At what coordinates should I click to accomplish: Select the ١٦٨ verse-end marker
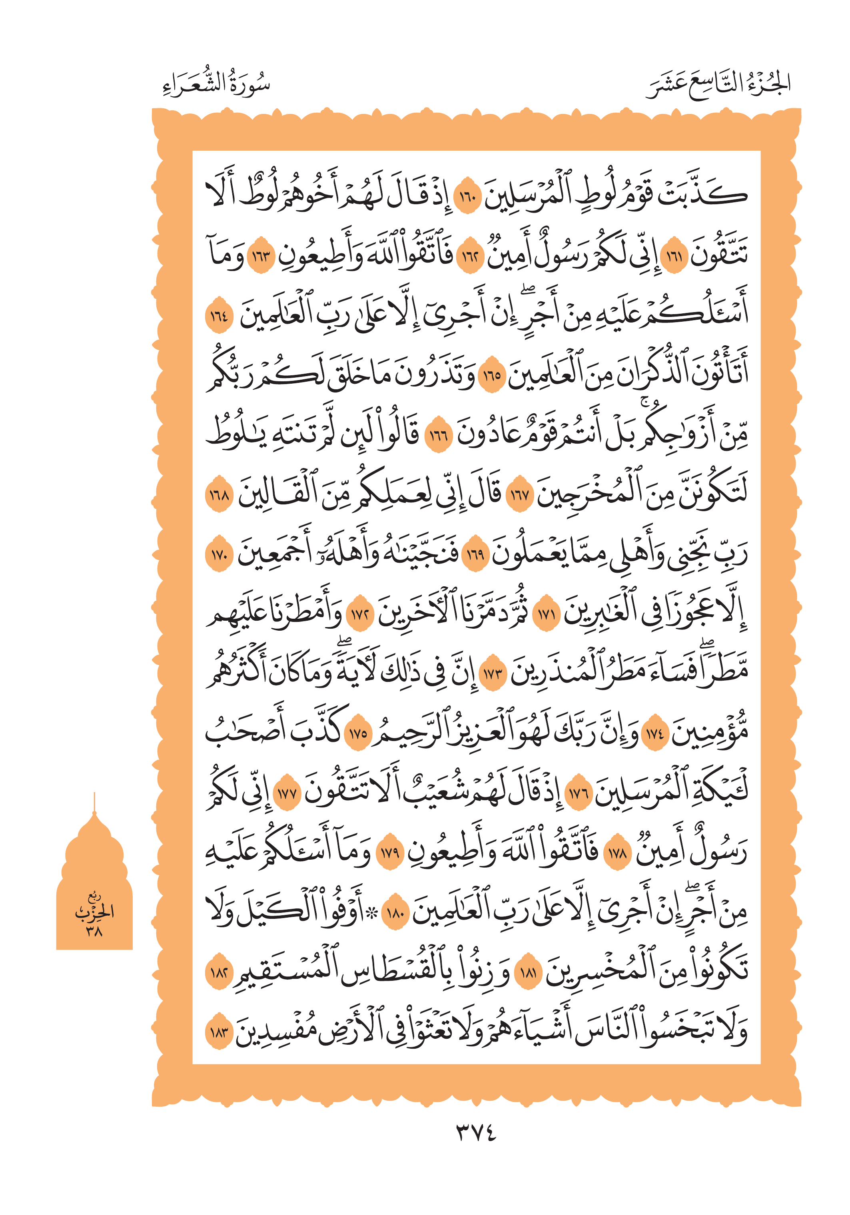click(x=219, y=496)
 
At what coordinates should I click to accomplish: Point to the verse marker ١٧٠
click(x=219, y=556)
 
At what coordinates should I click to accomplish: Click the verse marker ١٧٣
click(x=492, y=674)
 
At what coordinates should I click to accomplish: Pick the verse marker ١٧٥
click(x=358, y=734)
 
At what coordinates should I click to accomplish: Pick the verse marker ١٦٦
click(x=439, y=436)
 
